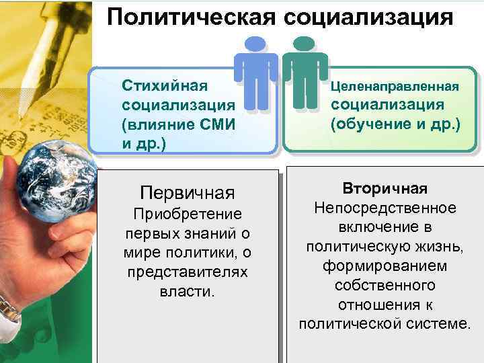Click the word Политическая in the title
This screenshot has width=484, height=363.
tap(190, 17)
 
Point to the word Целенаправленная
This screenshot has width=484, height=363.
tap(394, 86)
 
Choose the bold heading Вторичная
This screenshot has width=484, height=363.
tap(385, 188)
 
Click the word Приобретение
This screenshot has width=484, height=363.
tap(188, 214)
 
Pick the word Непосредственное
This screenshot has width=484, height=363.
tap(385, 208)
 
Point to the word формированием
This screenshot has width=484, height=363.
tap(385, 266)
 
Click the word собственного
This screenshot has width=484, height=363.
tap(385, 285)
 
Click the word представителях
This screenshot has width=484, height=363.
tap(187, 273)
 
